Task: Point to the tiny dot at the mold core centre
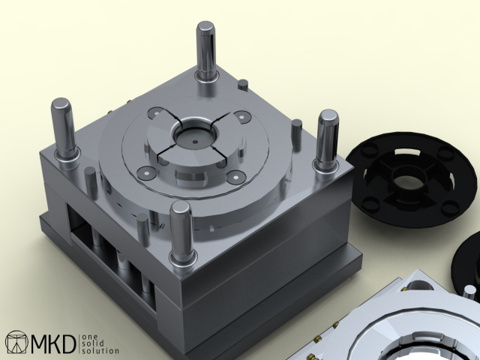[x=195, y=142]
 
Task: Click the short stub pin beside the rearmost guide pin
[x=243, y=85]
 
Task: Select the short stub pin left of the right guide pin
[x=297, y=134]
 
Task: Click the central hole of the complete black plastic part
[x=409, y=179]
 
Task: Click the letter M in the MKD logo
[x=42, y=343]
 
